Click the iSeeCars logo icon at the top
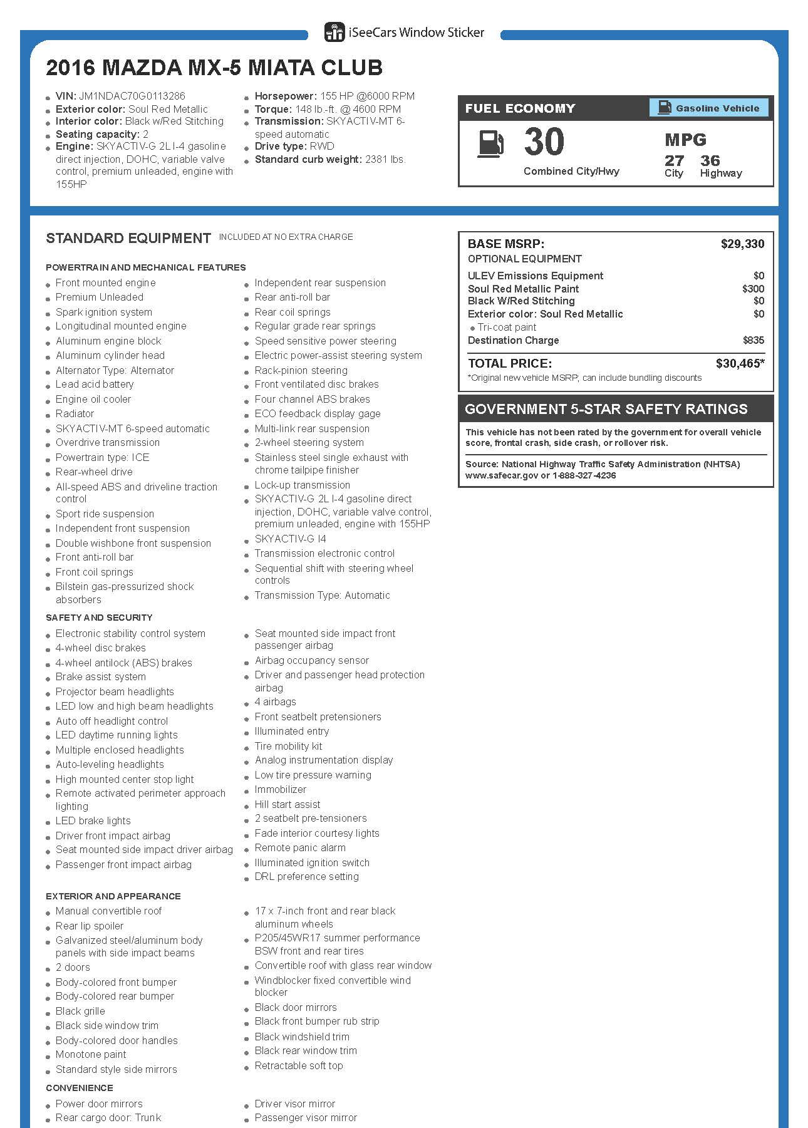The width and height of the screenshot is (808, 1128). pos(334,33)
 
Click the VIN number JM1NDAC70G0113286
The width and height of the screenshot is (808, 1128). pos(132,96)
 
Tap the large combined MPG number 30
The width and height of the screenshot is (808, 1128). pos(544,142)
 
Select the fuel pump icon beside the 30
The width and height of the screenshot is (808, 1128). pos(490,143)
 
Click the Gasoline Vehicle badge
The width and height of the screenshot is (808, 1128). pos(708,108)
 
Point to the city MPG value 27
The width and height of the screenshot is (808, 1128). pos(674,161)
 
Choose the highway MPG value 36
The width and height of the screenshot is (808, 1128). pos(710,161)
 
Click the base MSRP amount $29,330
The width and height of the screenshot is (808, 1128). pos(742,244)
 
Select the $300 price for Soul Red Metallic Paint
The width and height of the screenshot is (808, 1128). pos(753,289)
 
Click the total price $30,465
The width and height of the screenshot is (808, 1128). pos(739,364)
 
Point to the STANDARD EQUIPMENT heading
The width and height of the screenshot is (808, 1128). pos(128,239)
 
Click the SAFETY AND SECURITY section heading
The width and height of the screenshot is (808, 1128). pos(99,618)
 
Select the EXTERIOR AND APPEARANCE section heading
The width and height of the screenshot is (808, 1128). pos(113,896)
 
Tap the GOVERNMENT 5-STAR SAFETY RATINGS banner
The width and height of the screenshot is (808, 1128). pos(606,410)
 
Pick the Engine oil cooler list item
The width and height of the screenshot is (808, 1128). pos(93,400)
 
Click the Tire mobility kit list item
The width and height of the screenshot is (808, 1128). pos(288,747)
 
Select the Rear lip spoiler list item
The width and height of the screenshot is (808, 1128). pos(90,926)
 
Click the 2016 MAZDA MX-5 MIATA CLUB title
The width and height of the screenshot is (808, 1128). pos(214,68)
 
